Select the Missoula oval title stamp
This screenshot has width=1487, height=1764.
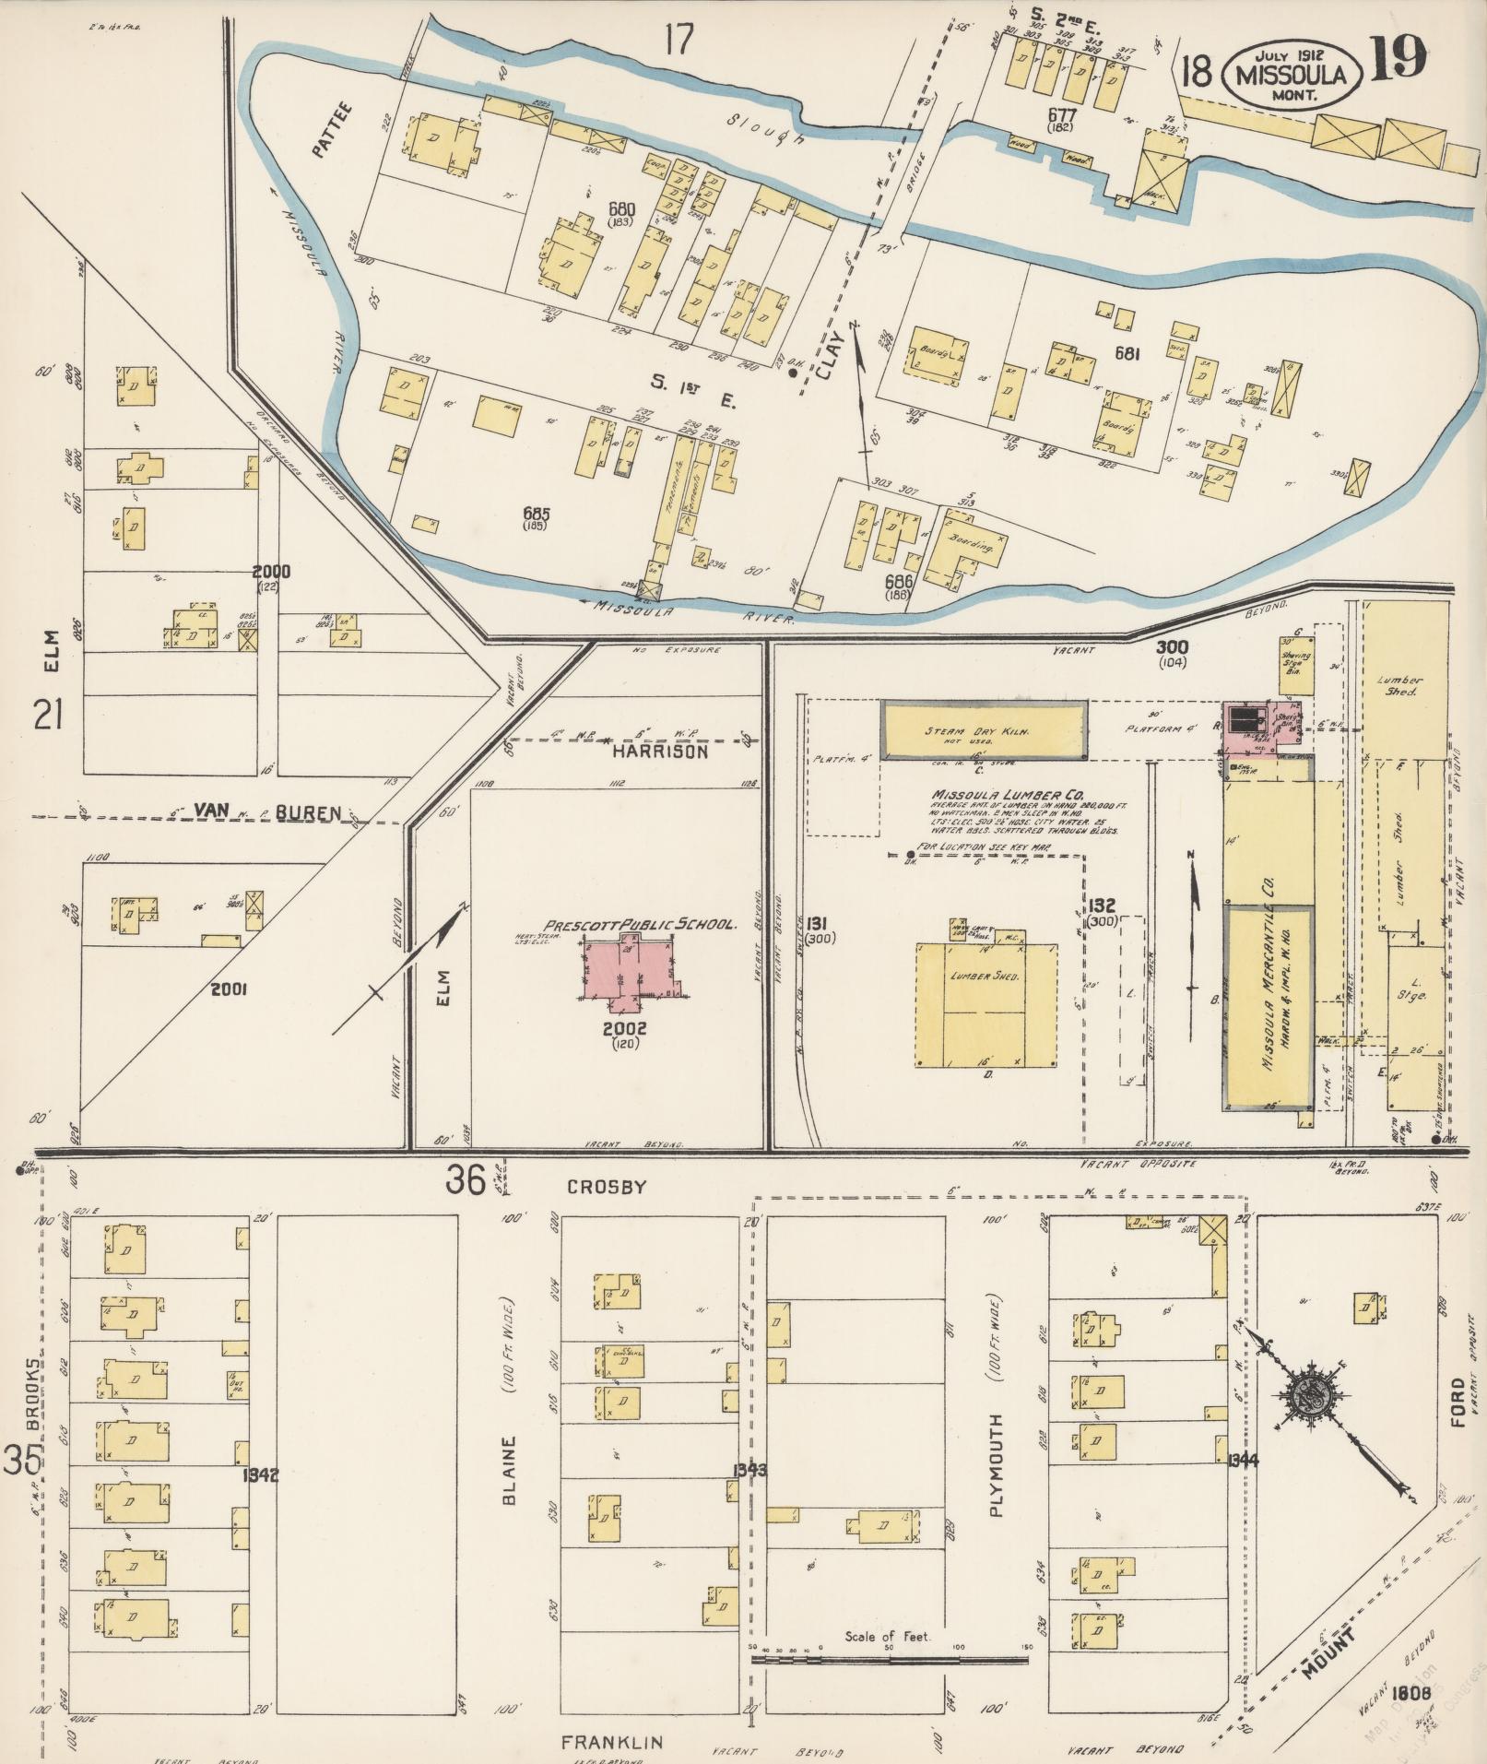coord(1291,75)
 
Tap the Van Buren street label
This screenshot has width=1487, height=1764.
coord(267,812)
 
